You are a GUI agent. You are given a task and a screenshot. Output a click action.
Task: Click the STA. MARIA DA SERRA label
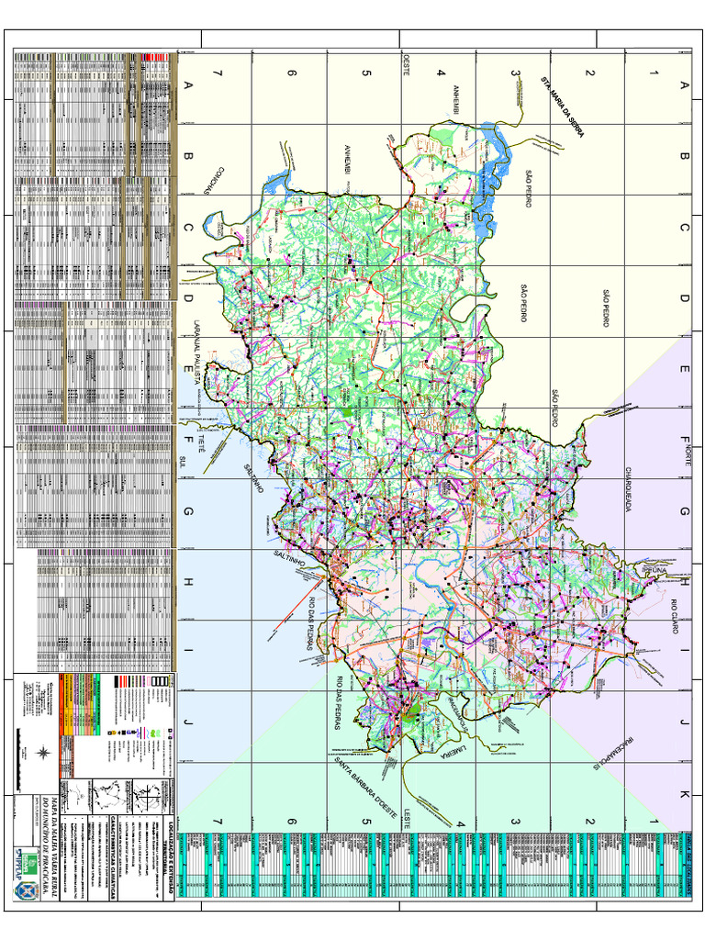(x=562, y=105)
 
